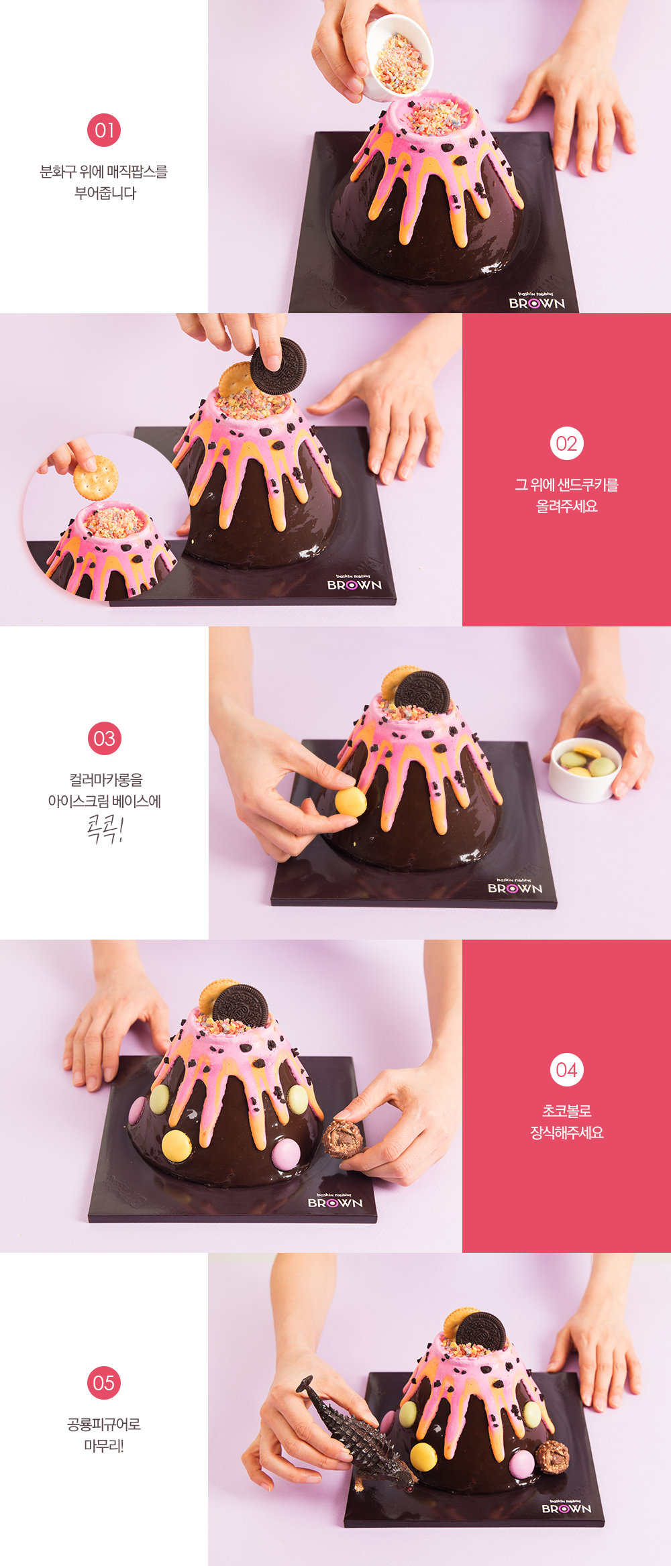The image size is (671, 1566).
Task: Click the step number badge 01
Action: pyautogui.click(x=104, y=130)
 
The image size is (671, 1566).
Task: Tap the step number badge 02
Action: pyautogui.click(x=566, y=443)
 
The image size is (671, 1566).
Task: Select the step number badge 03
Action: pyautogui.click(x=104, y=738)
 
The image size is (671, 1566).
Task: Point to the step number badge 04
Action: pyautogui.click(x=566, y=1070)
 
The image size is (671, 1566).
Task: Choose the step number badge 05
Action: pyautogui.click(x=104, y=1382)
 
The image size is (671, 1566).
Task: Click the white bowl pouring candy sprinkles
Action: pyautogui.click(x=399, y=57)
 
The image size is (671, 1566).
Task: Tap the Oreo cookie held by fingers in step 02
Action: pyautogui.click(x=278, y=366)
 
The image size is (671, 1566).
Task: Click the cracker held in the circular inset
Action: pyautogui.click(x=95, y=477)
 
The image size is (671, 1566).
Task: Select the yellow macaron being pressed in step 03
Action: pyautogui.click(x=351, y=801)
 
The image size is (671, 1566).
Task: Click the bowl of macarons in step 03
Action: pyautogui.click(x=584, y=769)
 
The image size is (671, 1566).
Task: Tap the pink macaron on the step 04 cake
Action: pyautogui.click(x=285, y=1153)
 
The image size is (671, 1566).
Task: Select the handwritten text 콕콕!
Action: pyautogui.click(x=105, y=828)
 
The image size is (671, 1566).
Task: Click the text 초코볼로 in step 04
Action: pyautogui.click(x=566, y=1111)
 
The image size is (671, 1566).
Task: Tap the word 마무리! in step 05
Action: pyautogui.click(x=104, y=1445)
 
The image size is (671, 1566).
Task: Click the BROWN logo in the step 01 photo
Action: pyautogui.click(x=537, y=302)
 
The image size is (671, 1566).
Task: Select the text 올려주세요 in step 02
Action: pyautogui.click(x=566, y=506)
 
